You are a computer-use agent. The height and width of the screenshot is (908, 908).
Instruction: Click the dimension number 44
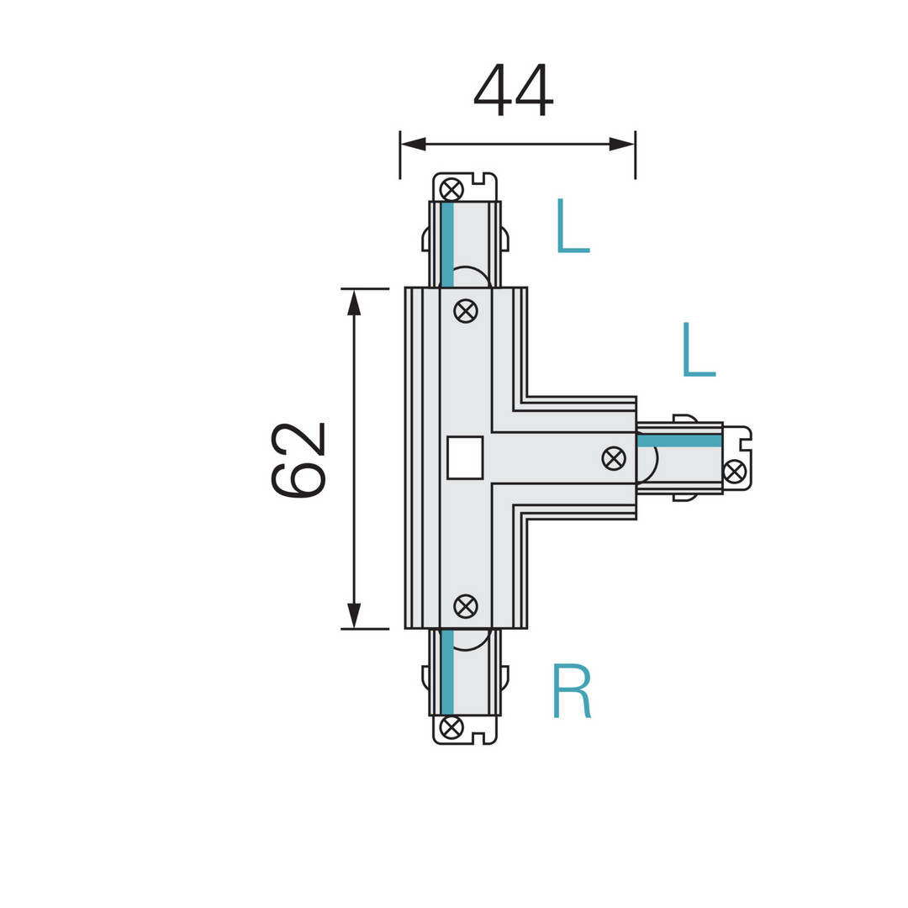(513, 89)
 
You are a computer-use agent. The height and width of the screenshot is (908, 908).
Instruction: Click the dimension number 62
(298, 459)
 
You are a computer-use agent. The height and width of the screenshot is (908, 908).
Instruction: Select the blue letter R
(572, 690)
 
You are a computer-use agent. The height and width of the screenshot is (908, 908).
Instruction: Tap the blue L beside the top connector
(573, 226)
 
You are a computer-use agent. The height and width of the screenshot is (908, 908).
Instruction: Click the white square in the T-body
(465, 457)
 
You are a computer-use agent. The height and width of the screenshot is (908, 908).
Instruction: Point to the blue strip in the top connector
(447, 244)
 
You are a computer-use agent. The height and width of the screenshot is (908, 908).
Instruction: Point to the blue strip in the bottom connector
(447, 672)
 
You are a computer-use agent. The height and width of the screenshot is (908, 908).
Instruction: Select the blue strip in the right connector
(679, 441)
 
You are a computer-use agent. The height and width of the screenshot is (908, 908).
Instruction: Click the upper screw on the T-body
(466, 311)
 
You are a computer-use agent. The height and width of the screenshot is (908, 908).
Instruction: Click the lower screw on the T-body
(466, 605)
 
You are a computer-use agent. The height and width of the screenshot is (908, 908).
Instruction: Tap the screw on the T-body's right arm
(614, 458)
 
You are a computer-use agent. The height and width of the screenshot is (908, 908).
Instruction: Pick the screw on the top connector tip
(451, 189)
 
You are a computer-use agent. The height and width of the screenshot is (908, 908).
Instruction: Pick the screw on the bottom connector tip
(451, 726)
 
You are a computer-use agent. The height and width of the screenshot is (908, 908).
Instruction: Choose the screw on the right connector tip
(734, 472)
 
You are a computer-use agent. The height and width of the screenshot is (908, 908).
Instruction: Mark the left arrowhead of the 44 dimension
(413, 144)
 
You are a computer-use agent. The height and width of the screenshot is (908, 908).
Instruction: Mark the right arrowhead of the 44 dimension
(621, 144)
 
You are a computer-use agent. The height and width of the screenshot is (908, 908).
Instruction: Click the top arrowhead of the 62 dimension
(354, 303)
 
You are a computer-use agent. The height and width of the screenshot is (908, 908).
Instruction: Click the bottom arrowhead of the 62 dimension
(354, 615)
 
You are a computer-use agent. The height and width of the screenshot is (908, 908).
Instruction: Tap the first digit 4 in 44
(493, 89)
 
